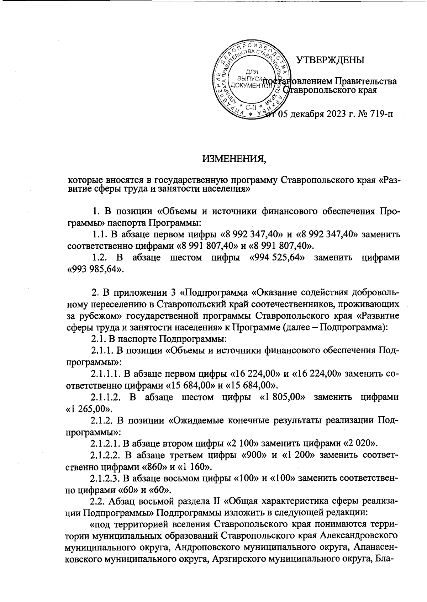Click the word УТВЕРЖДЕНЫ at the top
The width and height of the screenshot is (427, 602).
pyautogui.click(x=331, y=60)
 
